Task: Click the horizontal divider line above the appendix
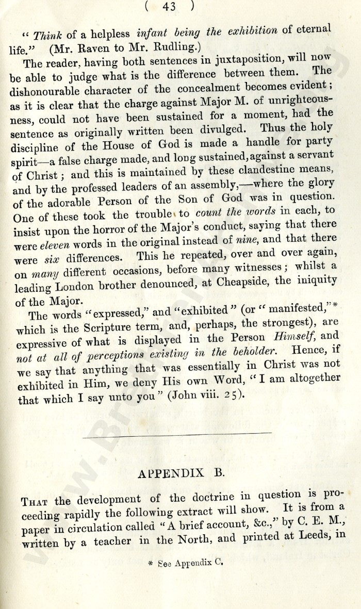point(176,435)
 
